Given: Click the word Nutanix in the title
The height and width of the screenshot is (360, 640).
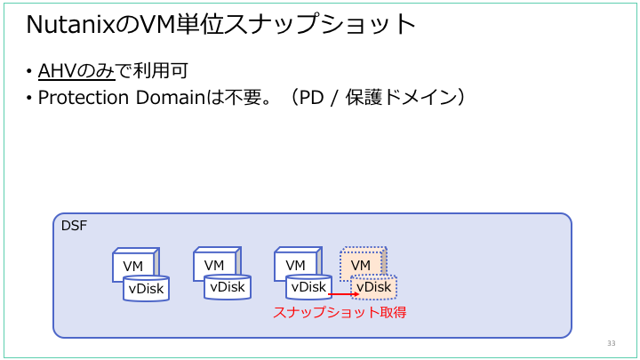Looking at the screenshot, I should [x=70, y=26].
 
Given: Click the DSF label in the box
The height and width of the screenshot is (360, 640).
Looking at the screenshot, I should [x=74, y=226].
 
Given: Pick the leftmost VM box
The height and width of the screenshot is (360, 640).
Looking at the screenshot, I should [x=133, y=266].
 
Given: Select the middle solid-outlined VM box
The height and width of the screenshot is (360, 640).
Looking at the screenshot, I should [x=214, y=265].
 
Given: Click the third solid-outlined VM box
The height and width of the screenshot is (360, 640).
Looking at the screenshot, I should [x=296, y=265].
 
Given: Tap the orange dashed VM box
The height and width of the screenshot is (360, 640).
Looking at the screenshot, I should [x=361, y=265].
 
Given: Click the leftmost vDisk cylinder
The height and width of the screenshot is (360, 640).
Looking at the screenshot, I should [x=146, y=288].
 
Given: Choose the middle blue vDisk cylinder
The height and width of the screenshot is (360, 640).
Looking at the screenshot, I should [x=228, y=287].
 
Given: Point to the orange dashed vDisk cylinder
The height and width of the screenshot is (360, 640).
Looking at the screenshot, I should [x=373, y=287].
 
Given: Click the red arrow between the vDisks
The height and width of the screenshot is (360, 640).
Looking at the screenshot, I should [x=342, y=294].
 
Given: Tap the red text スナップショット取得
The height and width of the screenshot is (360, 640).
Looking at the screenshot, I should [x=340, y=313].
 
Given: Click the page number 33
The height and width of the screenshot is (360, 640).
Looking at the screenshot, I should [x=611, y=343].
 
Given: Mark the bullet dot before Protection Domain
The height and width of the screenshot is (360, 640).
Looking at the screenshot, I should [x=29, y=98].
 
